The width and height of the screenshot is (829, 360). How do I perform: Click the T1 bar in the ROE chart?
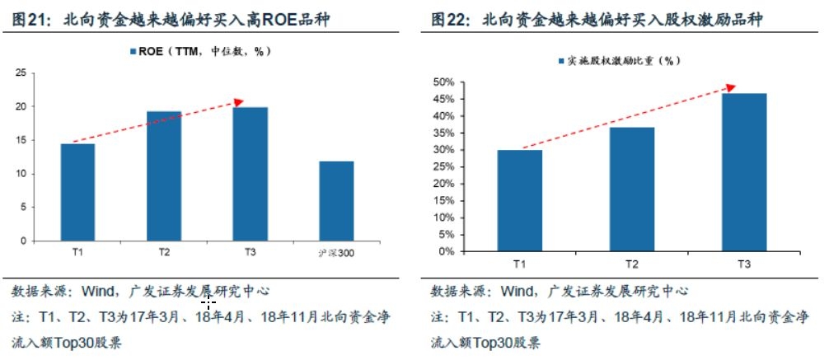click(77, 192)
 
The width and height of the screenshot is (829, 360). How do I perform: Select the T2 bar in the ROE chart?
click(163, 176)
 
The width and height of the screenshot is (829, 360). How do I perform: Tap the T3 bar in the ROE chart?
click(250, 174)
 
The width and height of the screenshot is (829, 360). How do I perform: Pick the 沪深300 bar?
click(335, 201)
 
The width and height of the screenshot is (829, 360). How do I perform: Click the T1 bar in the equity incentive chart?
click(519, 200)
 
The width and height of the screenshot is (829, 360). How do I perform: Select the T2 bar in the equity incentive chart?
click(632, 189)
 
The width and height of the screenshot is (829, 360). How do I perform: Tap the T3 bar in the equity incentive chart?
click(743, 172)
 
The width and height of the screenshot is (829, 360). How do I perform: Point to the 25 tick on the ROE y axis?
click(19, 73)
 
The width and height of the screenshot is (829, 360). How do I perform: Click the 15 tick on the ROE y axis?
click(19, 140)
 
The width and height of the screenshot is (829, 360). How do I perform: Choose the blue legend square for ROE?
click(132, 52)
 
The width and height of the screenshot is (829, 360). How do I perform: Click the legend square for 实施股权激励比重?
click(560, 61)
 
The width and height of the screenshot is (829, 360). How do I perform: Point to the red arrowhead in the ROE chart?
click(239, 102)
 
